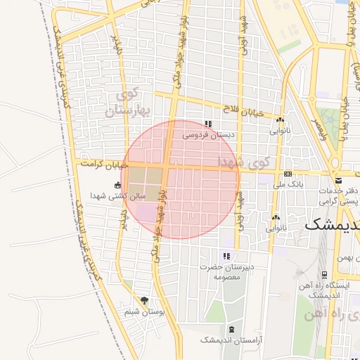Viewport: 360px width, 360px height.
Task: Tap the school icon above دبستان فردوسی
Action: click(208, 124)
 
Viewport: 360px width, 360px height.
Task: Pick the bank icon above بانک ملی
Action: click(287, 174)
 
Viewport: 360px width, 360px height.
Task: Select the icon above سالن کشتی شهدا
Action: click(117, 186)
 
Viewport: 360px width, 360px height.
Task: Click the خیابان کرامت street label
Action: click(104, 163)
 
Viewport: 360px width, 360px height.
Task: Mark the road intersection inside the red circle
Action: click(166, 167)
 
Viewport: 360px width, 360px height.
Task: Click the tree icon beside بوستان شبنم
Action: click(144, 301)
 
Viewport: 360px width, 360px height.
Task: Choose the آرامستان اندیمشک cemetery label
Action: click(231, 340)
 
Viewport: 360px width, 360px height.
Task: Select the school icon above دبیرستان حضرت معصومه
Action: click(226, 257)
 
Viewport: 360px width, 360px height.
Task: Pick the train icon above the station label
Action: click(324, 275)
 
